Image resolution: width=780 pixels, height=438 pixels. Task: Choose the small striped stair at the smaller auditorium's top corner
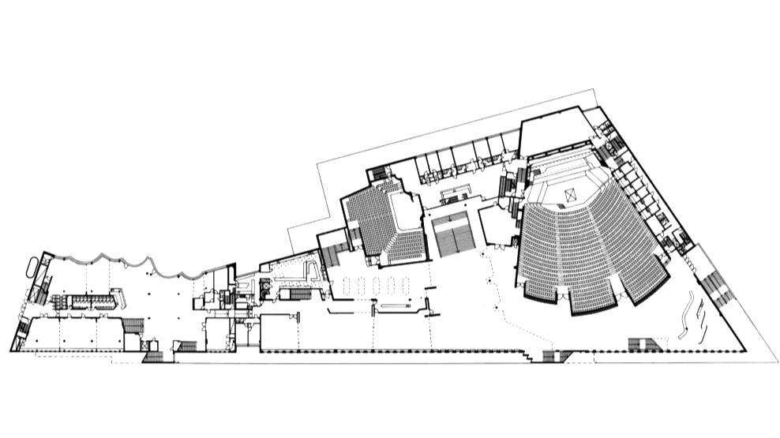tap(378, 174)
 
